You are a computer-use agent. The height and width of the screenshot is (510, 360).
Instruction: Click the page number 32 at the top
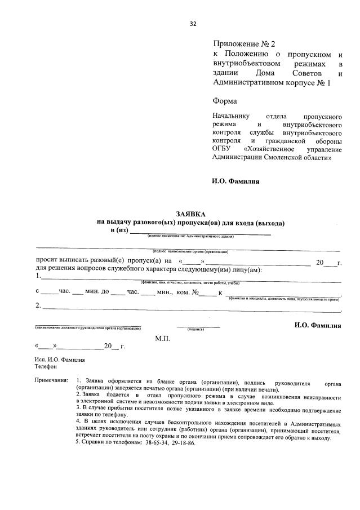tap(193, 24)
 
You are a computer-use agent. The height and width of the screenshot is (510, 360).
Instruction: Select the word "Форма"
tap(225, 101)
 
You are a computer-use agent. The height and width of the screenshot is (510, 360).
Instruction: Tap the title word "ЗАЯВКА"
tap(191, 214)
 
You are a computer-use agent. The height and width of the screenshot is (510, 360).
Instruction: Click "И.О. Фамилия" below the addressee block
tap(236, 181)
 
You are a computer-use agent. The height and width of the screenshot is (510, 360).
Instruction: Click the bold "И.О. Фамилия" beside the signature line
tap(318, 326)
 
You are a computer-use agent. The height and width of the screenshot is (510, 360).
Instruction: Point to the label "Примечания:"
tap(51, 383)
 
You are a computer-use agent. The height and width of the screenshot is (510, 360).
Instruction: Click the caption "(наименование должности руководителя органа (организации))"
tap(88, 328)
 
